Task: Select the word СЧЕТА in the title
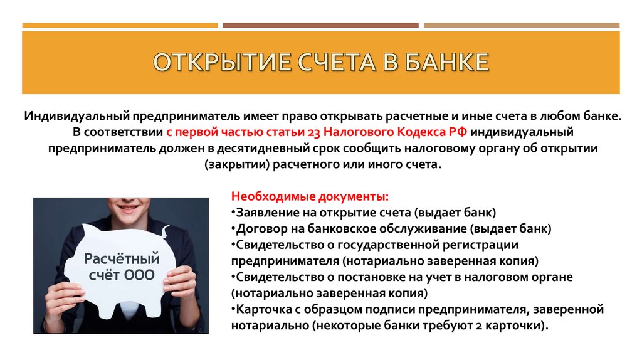(330, 63)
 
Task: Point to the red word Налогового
(357, 133)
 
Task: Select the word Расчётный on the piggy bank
(113, 258)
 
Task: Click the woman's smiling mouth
(129, 206)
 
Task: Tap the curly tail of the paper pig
(165, 233)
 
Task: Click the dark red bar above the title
(320, 26)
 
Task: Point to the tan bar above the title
(521, 26)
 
